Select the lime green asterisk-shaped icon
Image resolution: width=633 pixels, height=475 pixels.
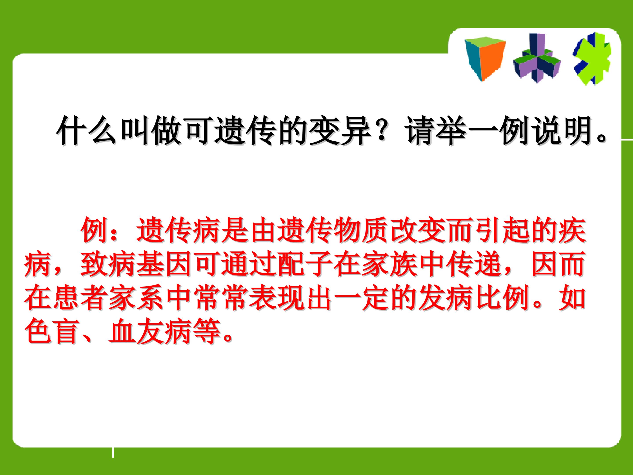(x=592, y=62)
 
